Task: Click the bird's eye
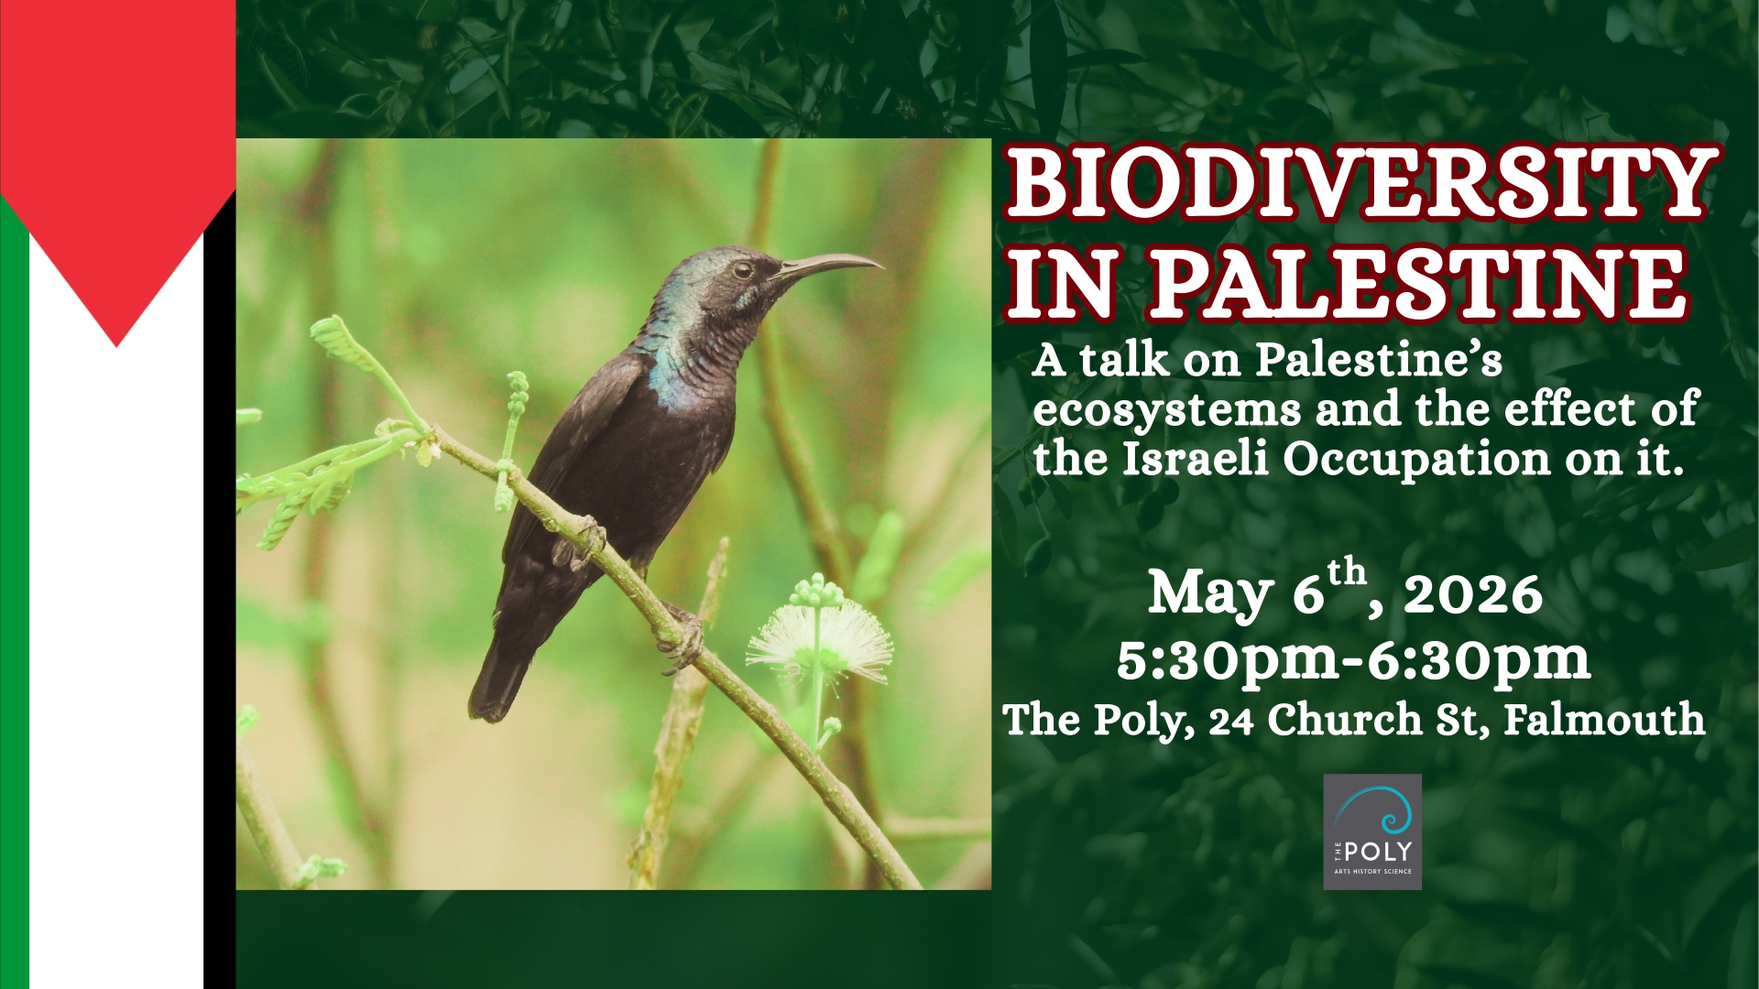[742, 269]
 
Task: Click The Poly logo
[1372, 831]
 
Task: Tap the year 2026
[1473, 595]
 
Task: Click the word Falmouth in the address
[1604, 720]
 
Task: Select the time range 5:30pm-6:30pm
[1354, 659]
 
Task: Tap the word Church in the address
[1345, 720]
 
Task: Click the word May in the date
[1210, 595]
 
